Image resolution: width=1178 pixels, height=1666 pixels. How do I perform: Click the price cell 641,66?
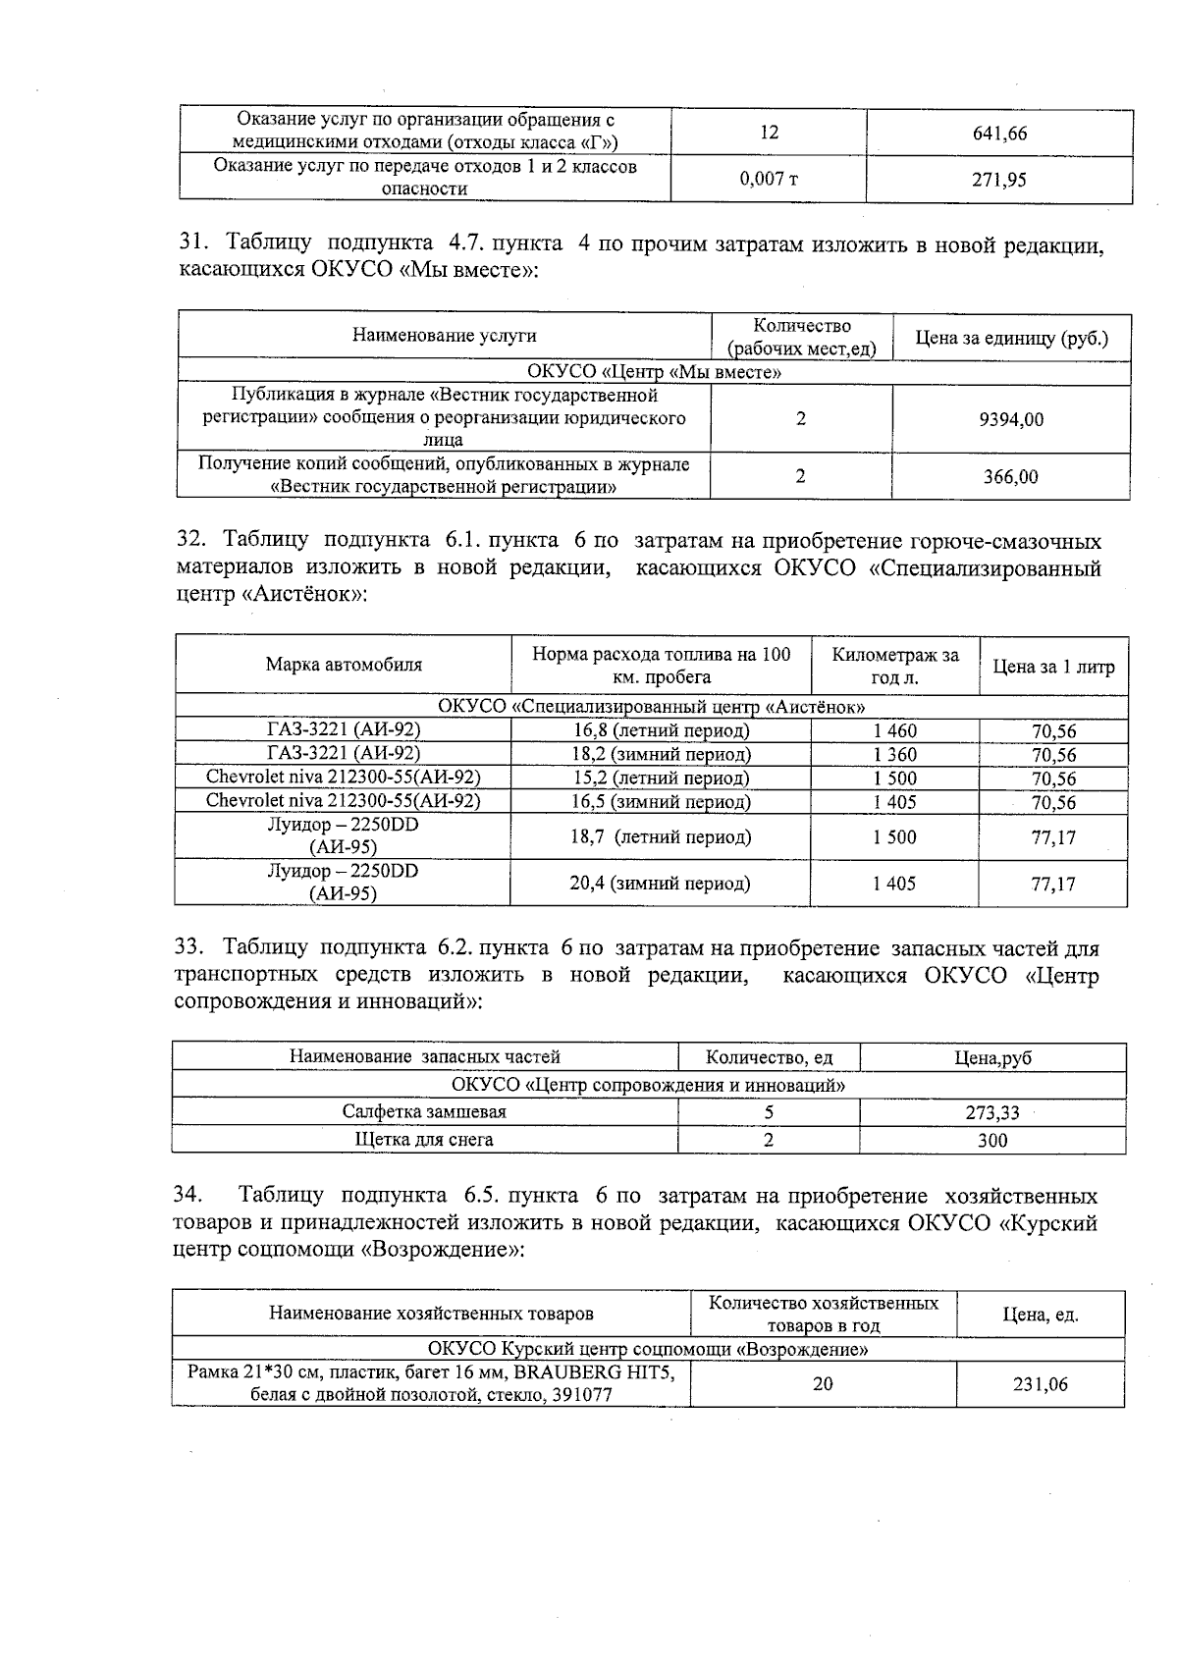point(999,134)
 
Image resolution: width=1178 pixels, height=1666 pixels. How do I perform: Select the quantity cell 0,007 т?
point(769,180)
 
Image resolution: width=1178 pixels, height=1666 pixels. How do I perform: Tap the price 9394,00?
point(1011,419)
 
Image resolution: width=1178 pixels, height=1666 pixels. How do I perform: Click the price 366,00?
point(1011,477)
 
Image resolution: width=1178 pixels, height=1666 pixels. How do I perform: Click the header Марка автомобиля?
point(344,665)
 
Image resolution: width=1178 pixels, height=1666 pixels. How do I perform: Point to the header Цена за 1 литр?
point(1053,668)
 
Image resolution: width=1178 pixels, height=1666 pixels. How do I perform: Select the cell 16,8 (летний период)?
point(661,730)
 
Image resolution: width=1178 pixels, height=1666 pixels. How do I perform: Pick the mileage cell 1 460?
point(894,730)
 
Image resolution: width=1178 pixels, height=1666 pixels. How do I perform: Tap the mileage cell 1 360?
point(894,755)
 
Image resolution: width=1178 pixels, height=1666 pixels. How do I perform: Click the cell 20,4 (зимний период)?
point(661,883)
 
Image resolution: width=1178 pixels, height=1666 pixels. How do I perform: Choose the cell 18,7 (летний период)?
point(661,837)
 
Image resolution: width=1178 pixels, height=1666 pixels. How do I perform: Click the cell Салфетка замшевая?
point(424,1112)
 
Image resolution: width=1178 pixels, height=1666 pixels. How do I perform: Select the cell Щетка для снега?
point(424,1140)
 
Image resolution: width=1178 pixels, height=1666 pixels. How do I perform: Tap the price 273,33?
point(992,1113)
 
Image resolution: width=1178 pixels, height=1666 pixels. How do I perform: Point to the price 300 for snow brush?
point(992,1141)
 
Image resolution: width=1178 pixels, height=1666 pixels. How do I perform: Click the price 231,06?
point(1041,1384)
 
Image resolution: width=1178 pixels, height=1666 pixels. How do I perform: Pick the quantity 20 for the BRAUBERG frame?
point(823,1383)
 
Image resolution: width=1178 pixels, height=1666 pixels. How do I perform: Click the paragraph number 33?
point(187,948)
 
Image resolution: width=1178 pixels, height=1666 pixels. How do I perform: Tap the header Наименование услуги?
point(445,336)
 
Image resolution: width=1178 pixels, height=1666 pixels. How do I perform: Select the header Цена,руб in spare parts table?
point(992,1057)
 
